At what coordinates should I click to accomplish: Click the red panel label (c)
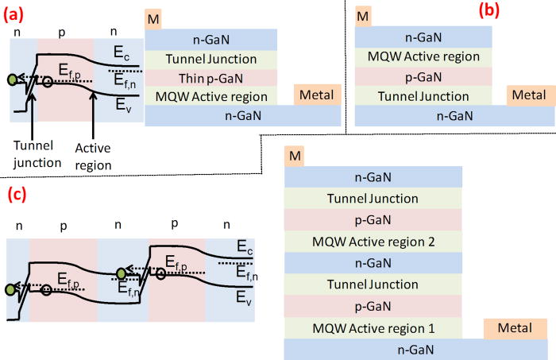[21, 194]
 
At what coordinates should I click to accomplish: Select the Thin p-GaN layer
[210, 78]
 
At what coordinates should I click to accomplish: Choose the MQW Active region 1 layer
[373, 327]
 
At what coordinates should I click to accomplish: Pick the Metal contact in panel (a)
[317, 95]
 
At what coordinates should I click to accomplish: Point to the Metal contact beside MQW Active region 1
[515, 327]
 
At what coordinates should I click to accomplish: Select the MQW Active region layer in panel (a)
[210, 96]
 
